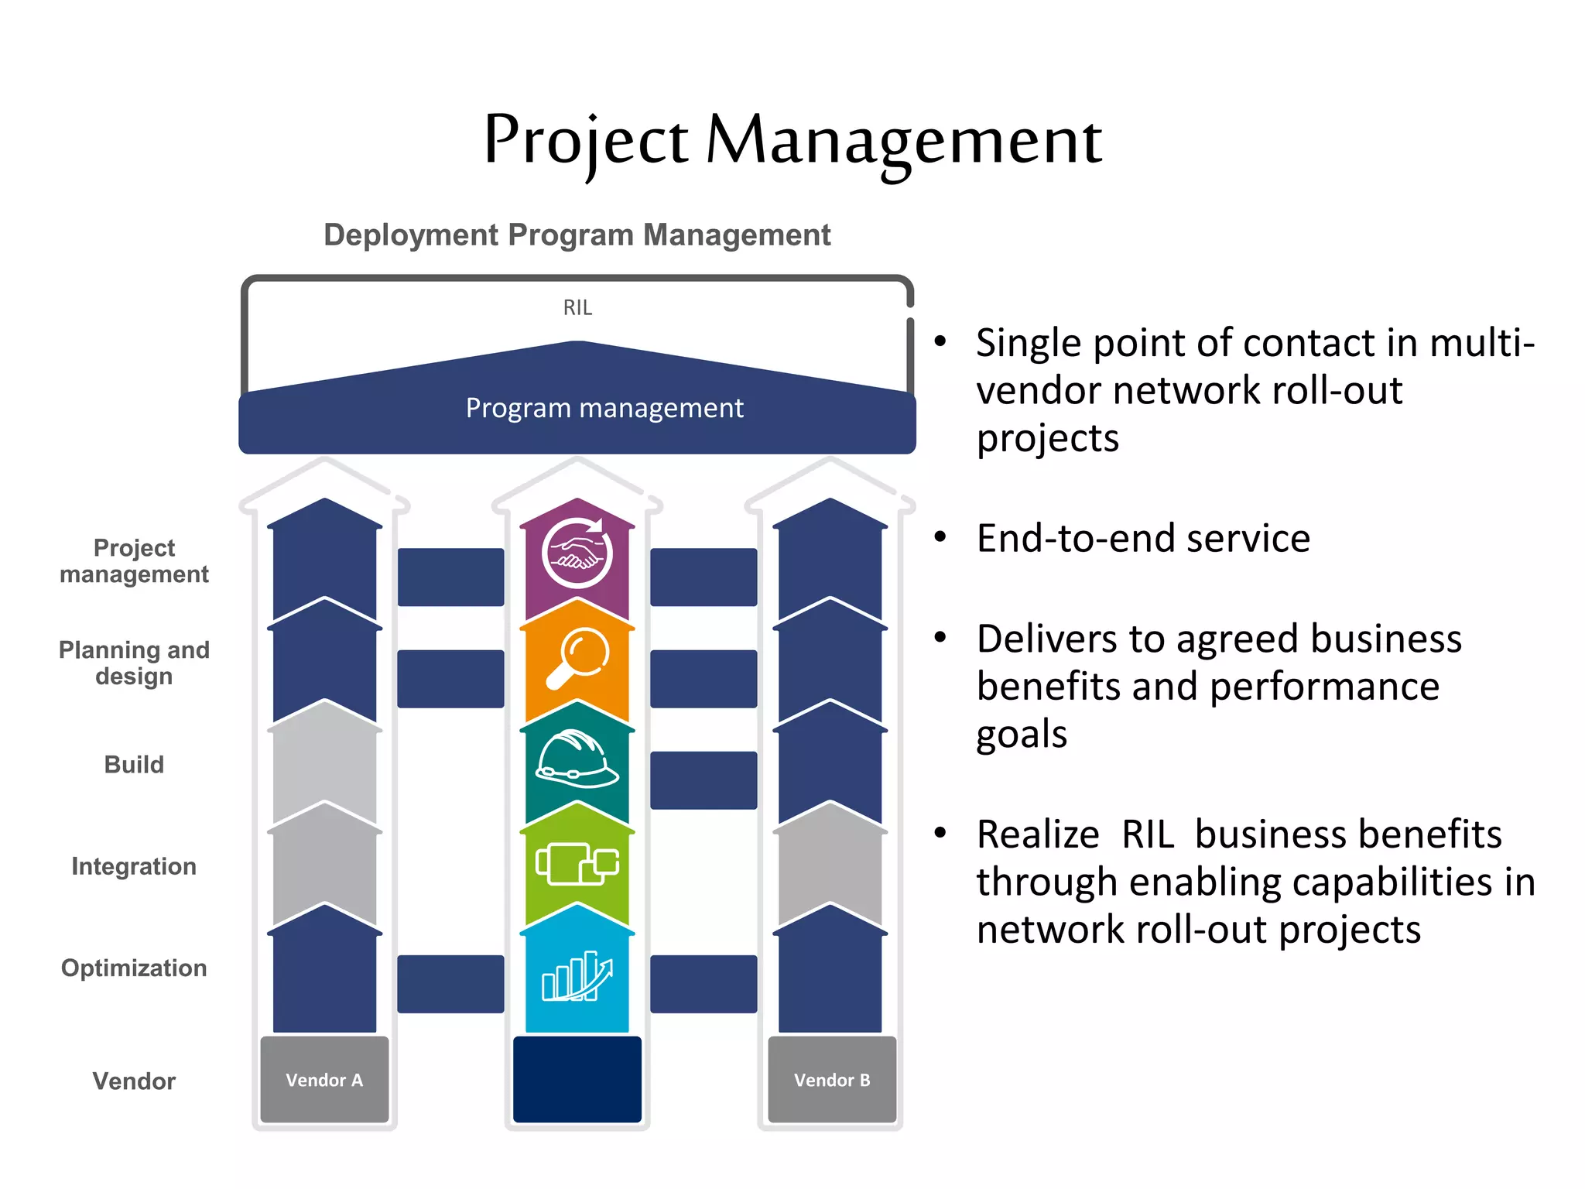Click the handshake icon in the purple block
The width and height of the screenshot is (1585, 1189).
[x=577, y=554]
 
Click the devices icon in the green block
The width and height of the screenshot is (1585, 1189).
[x=577, y=863]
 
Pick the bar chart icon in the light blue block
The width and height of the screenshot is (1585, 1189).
[x=577, y=977]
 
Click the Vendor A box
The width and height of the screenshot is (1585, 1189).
[x=324, y=1080]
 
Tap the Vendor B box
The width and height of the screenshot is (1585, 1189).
[x=832, y=1080]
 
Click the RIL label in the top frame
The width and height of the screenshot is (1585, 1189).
[x=577, y=308]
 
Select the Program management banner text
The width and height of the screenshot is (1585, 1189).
[x=604, y=408]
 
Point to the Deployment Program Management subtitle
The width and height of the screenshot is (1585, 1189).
[x=577, y=235]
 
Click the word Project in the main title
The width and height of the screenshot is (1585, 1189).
[x=585, y=141]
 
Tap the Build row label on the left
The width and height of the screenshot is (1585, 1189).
[x=134, y=765]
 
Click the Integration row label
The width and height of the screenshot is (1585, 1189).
[x=134, y=866]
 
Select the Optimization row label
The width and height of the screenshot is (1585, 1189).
[x=134, y=968]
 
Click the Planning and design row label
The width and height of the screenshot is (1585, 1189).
[x=134, y=663]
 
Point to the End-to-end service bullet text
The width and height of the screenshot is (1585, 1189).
[x=1143, y=539]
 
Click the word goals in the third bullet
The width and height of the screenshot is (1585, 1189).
[x=1021, y=735]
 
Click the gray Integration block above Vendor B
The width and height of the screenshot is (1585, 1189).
[x=830, y=867]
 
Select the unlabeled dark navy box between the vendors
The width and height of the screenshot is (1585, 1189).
[x=577, y=1079]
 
